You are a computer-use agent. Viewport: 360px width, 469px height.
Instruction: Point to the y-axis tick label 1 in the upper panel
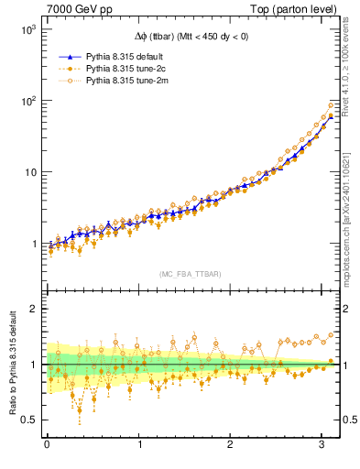pos(33,245)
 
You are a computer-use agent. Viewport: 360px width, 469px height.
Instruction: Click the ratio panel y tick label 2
pos(33,309)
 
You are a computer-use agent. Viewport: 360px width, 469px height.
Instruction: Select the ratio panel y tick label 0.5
pos(28,420)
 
